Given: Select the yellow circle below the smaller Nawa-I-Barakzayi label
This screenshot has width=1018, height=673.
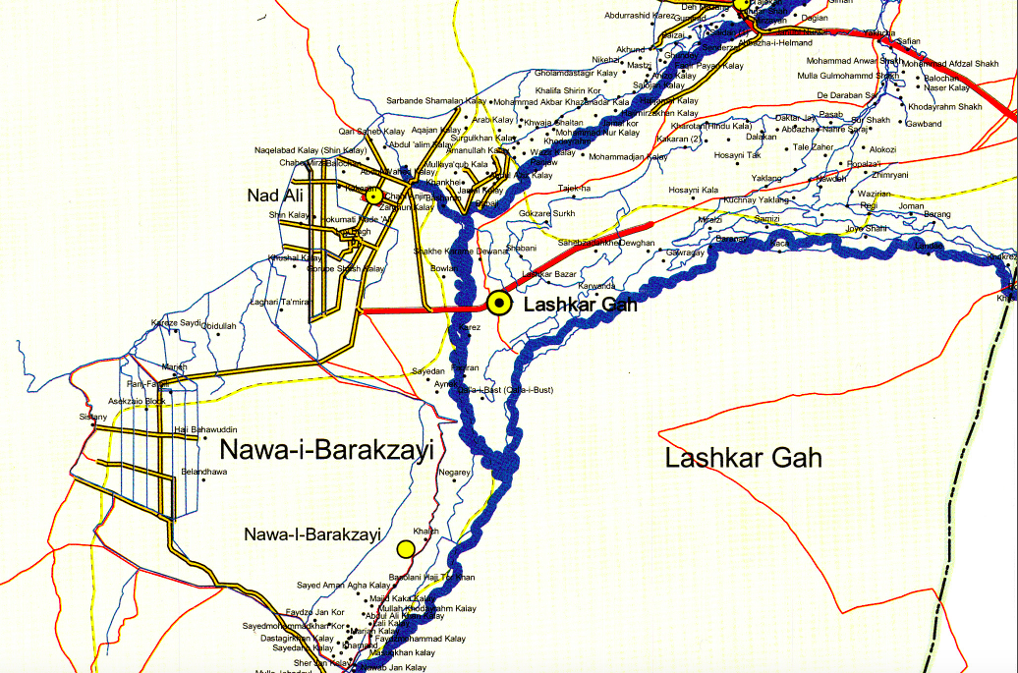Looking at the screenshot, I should click(405, 548).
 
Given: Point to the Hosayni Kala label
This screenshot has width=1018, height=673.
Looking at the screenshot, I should click(694, 190).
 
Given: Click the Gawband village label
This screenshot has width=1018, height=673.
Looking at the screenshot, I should click(924, 124).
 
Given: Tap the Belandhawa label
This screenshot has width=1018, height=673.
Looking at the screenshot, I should click(203, 473).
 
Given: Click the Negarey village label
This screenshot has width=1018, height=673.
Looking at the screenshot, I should click(455, 473).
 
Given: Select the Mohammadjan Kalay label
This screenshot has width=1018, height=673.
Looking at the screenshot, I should click(628, 157).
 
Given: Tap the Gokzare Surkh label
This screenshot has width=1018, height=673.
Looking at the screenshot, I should click(546, 213).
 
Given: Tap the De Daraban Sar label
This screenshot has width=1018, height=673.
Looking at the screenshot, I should click(846, 95).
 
